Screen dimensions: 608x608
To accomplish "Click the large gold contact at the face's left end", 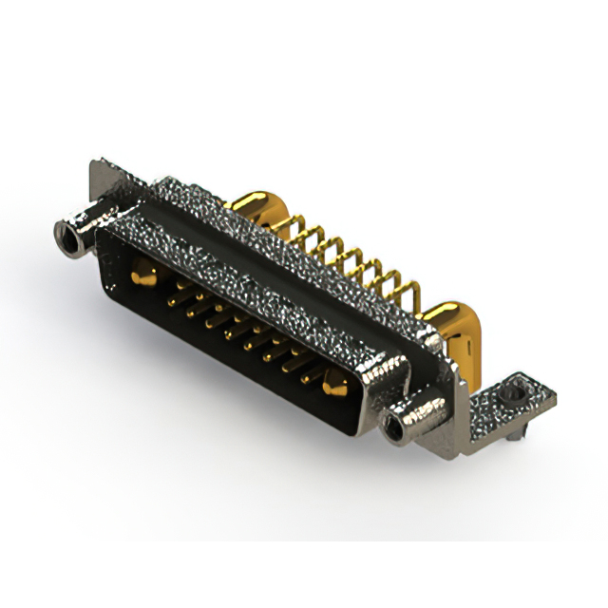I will coord(142,277).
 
